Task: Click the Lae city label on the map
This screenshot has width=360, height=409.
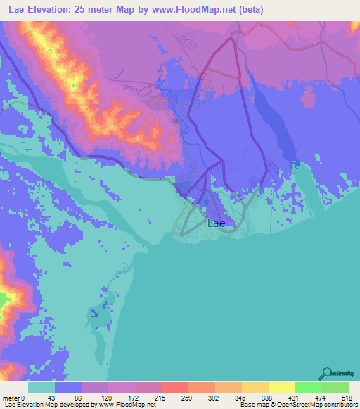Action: click(x=217, y=223)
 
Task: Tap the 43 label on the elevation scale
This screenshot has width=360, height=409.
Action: click(x=54, y=398)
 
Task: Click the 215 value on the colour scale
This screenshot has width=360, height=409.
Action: click(x=161, y=398)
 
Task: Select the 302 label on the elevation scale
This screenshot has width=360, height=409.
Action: click(x=214, y=398)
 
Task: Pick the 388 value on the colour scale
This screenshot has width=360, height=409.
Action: click(x=268, y=398)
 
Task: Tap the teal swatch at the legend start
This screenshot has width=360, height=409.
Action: click(x=41, y=387)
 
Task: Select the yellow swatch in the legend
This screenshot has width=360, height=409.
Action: click(x=281, y=387)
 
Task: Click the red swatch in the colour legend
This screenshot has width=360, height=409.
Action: click(x=174, y=387)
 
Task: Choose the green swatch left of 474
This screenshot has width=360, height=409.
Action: click(x=308, y=387)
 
